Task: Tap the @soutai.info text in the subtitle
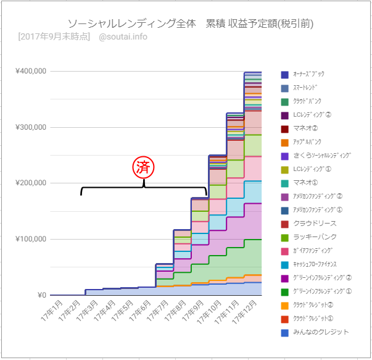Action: click(x=123, y=36)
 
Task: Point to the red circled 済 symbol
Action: click(x=144, y=167)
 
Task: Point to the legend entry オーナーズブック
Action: click(x=308, y=74)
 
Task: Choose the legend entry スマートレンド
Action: click(x=307, y=88)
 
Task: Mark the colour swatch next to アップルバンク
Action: click(x=284, y=142)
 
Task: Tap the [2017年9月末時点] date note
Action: click(x=54, y=36)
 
